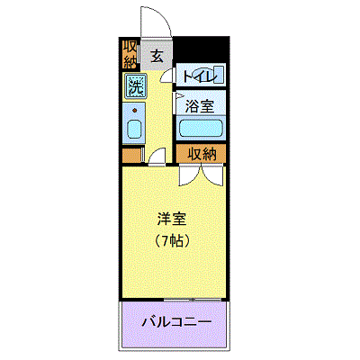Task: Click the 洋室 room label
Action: pos(172,219)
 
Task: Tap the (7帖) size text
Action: pos(172,240)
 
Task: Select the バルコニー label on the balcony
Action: pos(176,322)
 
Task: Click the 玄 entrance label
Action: pos(157,56)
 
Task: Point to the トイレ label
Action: pos(200,76)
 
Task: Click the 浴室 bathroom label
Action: pos(200,106)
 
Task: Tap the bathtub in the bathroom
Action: pos(201,128)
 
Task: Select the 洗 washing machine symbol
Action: pos(136,86)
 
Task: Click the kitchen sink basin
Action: pos(134,129)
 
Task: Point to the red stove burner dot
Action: pos(135,111)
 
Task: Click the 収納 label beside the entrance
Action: pos(130,54)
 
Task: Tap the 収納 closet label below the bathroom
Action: pos(202,154)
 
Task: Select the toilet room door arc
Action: pos(166,76)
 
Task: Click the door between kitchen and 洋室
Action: pos(157,156)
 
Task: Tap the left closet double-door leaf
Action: pos(190,175)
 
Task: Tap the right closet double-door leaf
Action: pos(212,175)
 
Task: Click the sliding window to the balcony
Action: pos(193,299)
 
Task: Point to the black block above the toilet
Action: pos(202,49)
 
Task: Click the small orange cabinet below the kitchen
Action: pos(132,155)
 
